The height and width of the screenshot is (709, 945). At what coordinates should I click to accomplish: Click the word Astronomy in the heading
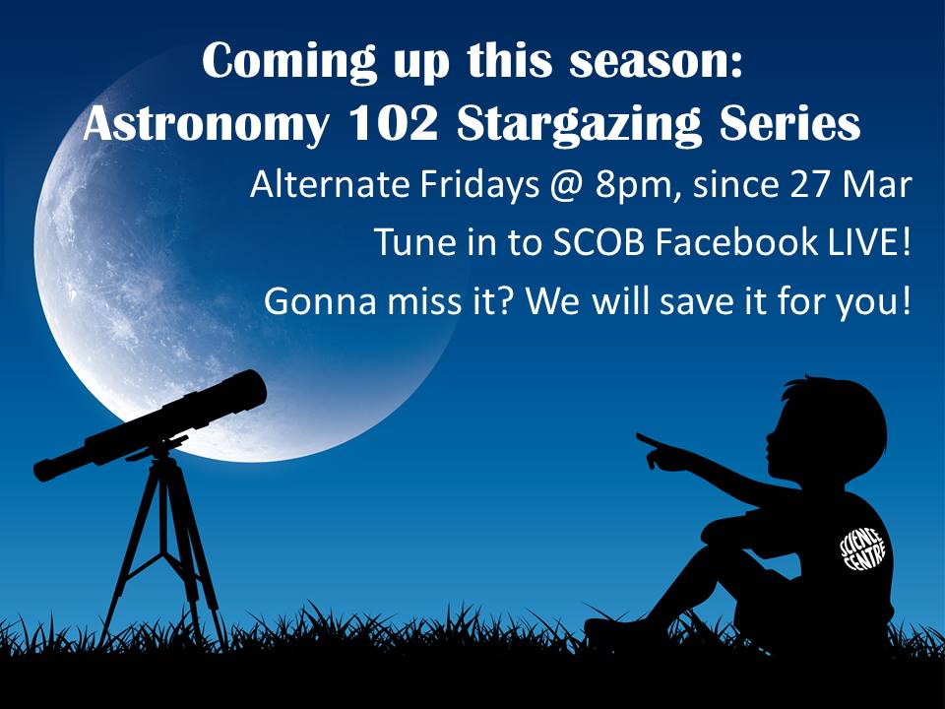207,125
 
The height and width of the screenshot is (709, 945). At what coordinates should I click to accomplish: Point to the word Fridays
479,185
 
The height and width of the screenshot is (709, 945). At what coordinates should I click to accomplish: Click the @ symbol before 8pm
567,186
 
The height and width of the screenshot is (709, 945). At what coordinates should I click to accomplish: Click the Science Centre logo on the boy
863,548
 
